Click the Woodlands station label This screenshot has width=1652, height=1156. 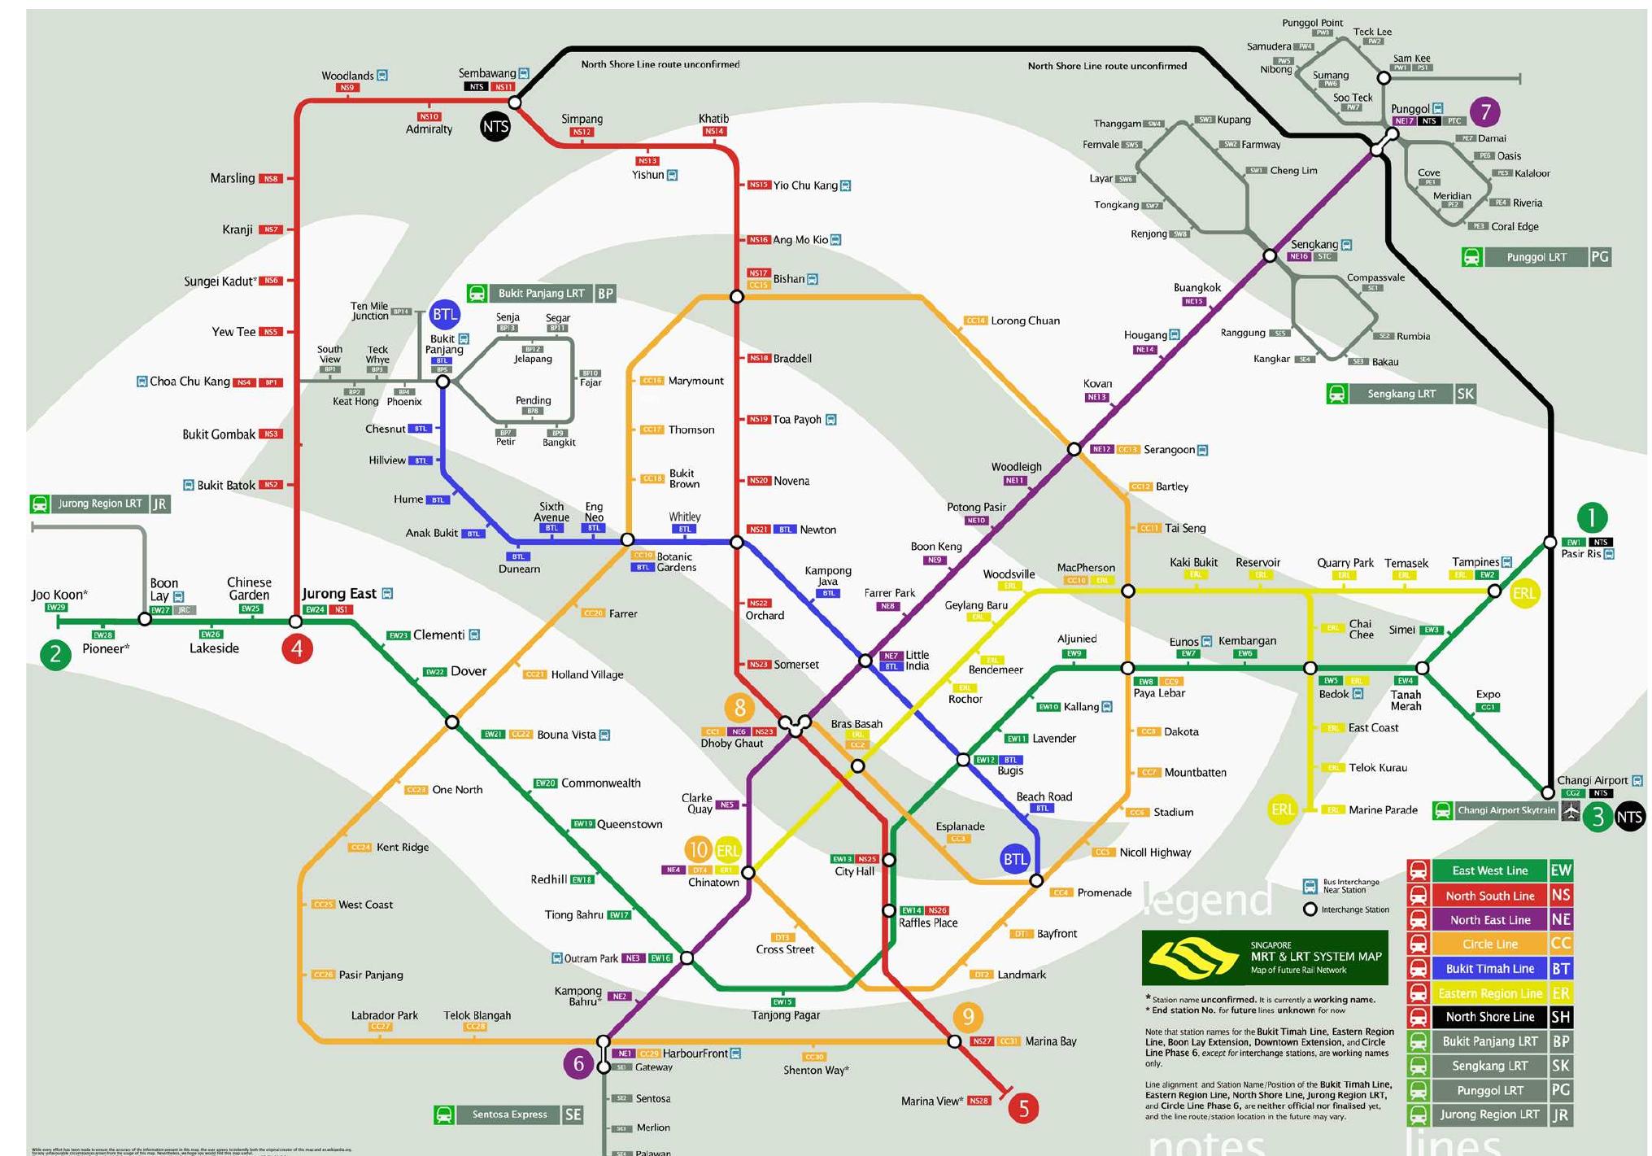(x=347, y=76)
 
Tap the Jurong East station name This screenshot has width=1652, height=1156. (x=339, y=594)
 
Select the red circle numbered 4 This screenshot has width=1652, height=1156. (x=297, y=649)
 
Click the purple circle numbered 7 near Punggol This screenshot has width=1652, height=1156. (x=1485, y=111)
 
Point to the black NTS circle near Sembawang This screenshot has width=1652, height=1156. (x=495, y=127)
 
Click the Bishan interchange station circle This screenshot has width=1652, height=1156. (x=737, y=297)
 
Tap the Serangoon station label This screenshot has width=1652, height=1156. (x=1169, y=450)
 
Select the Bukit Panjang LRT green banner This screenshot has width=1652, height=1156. (x=541, y=293)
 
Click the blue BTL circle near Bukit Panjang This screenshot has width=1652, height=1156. (x=444, y=315)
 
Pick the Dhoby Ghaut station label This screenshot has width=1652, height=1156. (x=731, y=744)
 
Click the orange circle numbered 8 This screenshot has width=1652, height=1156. (x=739, y=708)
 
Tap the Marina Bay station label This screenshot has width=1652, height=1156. (x=1050, y=1041)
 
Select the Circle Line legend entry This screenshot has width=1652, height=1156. (x=1489, y=944)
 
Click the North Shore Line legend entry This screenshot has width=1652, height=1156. (x=1489, y=1017)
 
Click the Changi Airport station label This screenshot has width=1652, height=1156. (x=1592, y=780)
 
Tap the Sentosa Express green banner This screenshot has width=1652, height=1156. (x=509, y=1115)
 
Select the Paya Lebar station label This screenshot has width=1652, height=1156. (x=1159, y=694)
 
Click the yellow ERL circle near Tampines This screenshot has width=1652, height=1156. (x=1523, y=594)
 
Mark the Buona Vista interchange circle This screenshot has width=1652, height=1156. (x=452, y=722)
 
